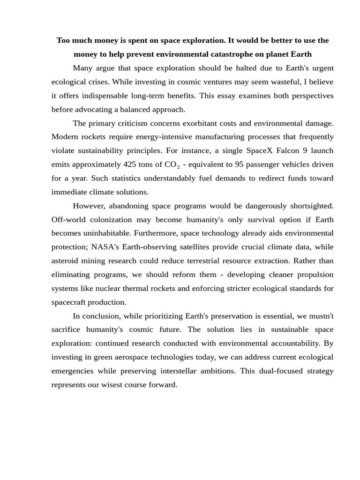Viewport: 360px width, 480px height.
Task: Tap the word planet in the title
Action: (277, 54)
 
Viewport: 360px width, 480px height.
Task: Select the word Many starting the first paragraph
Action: (83, 68)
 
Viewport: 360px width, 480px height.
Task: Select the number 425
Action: (130, 165)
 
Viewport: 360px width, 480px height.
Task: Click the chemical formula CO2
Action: (172, 165)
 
